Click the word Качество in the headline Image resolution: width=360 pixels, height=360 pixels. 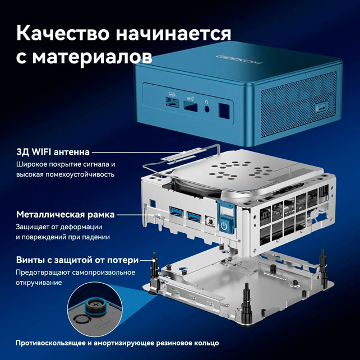click(63, 33)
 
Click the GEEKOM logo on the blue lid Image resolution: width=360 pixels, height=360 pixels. click(239, 59)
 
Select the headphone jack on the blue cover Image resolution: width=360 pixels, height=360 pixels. click(206, 109)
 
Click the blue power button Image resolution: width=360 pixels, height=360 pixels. click(224, 226)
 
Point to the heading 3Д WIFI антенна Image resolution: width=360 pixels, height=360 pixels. click(53, 152)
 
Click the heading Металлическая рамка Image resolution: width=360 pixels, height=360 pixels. click(66, 214)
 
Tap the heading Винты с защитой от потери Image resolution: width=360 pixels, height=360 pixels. click(77, 260)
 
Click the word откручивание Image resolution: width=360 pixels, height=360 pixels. click(39, 283)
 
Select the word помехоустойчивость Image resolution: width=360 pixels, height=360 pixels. click(80, 174)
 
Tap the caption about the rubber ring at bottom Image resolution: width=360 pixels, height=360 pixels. click(117, 343)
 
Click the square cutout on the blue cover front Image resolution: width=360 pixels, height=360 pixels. click(224, 110)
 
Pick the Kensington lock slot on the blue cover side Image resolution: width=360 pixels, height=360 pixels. click(321, 108)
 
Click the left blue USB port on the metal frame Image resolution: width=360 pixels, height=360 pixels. click(176, 212)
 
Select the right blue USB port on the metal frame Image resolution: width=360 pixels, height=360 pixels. click(194, 217)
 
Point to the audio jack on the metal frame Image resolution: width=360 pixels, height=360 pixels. click(210, 222)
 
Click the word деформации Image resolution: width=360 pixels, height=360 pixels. click(81, 227)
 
